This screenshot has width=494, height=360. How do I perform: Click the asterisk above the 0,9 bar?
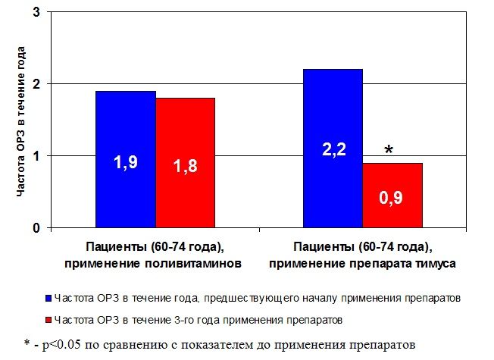(389, 151)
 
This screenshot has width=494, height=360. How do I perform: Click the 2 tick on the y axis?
(36, 84)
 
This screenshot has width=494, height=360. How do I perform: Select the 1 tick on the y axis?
(36, 156)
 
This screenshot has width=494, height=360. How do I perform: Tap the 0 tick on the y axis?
(36, 227)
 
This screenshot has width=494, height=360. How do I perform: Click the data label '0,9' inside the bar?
(392, 199)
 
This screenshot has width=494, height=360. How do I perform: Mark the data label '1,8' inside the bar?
(186, 166)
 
